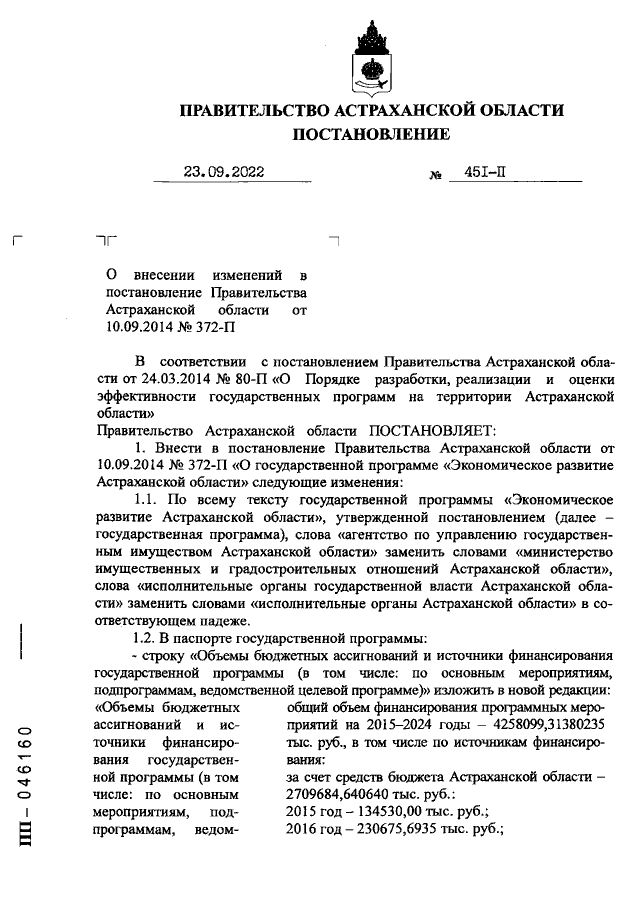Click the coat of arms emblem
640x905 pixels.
point(369,61)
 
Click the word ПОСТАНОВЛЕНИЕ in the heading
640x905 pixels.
point(370,133)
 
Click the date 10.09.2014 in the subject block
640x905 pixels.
point(139,326)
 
